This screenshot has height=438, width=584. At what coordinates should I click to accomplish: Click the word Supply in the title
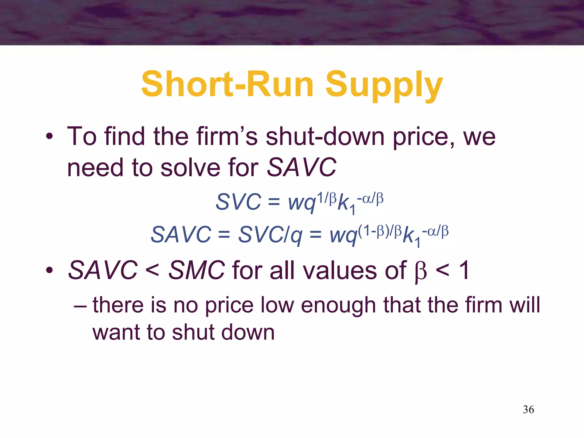tap(384, 85)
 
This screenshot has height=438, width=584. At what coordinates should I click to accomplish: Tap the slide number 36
tap(528, 409)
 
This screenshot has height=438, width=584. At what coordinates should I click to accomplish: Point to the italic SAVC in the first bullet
tap(301, 167)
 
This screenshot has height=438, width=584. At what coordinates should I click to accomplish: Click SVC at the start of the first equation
tap(238, 202)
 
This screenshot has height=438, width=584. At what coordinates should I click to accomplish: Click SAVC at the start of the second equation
tap(181, 235)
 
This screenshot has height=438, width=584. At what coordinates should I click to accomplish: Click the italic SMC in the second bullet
tap(196, 270)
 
